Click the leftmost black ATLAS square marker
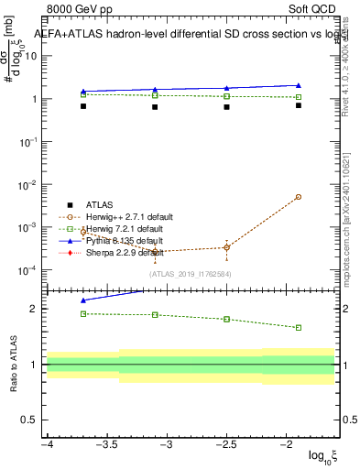(83, 106)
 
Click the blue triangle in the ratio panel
(83, 300)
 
